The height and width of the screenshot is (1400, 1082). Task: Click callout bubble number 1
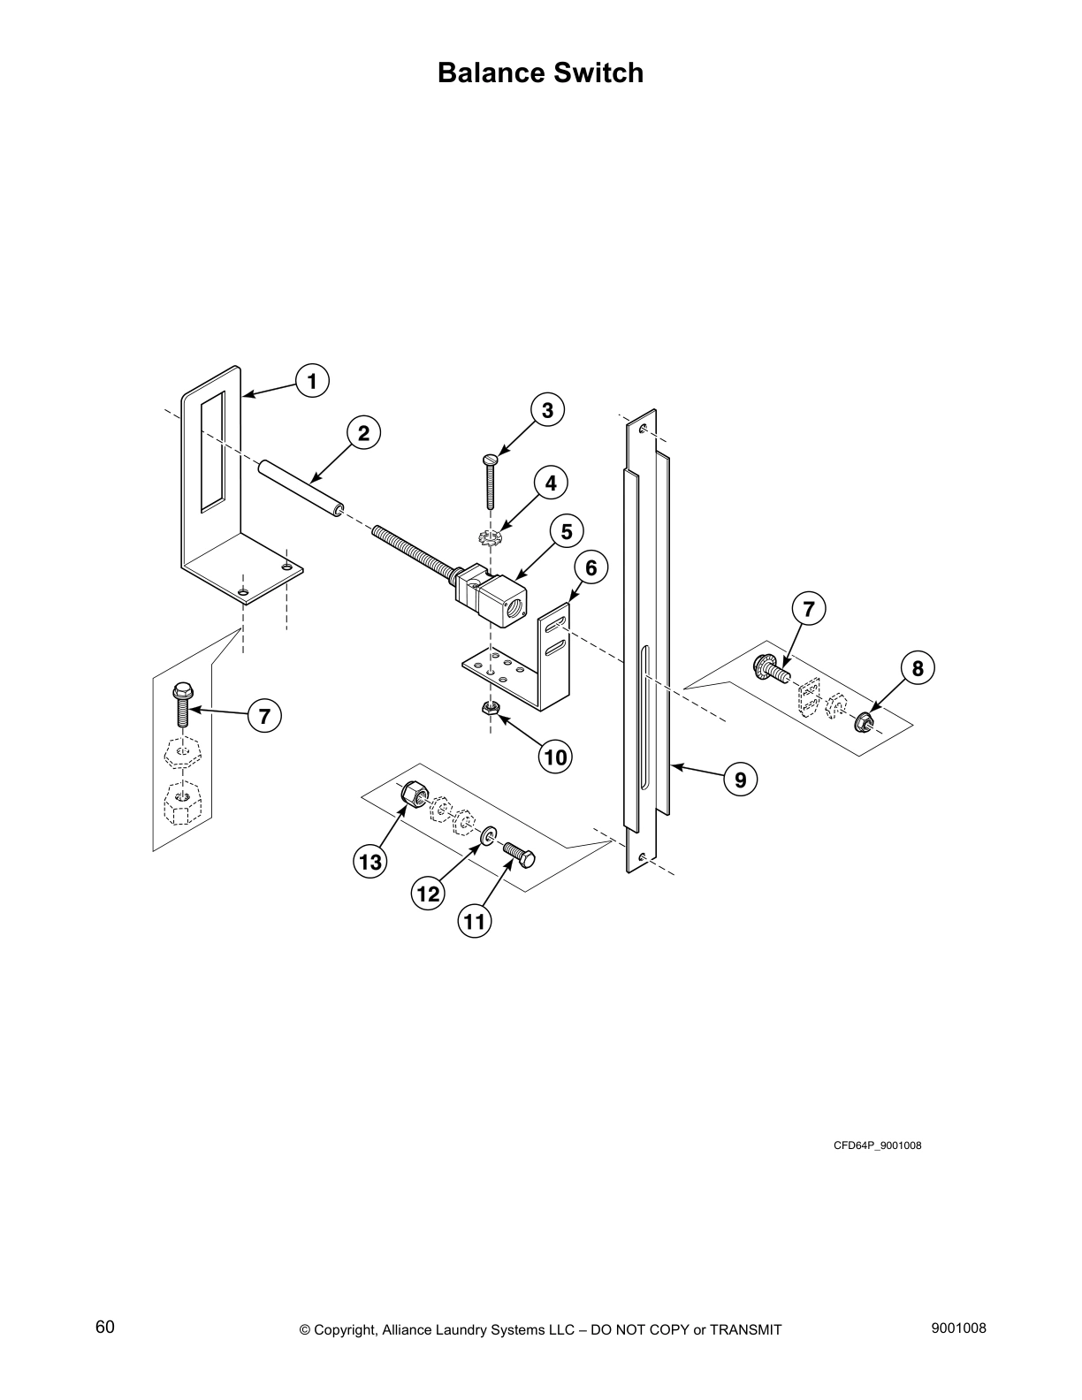(x=311, y=381)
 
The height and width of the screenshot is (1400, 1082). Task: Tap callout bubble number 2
(x=362, y=433)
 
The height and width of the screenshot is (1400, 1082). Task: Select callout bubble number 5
(x=567, y=531)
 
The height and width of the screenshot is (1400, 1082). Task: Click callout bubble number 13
(x=370, y=861)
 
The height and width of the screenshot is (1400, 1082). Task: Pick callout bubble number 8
(x=918, y=668)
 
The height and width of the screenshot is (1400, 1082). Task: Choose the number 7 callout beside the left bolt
(x=263, y=715)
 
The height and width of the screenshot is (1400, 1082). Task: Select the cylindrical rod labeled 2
(x=301, y=487)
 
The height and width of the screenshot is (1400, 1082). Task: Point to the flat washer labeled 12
(x=489, y=834)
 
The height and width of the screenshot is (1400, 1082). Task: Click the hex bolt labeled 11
(x=521, y=854)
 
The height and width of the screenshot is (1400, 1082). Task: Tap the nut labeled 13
(x=412, y=793)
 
